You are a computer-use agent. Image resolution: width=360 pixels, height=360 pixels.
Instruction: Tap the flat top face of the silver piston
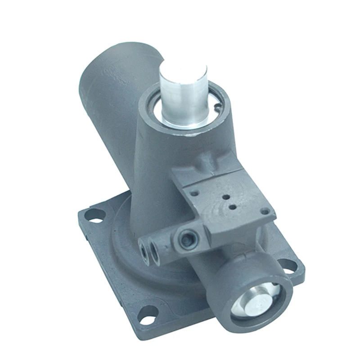click(184, 67)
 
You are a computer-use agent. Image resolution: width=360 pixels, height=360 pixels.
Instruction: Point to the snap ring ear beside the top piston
click(217, 107)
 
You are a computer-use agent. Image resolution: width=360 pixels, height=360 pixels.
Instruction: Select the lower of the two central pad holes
click(233, 207)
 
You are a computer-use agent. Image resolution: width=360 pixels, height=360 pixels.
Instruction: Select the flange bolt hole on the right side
click(285, 265)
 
